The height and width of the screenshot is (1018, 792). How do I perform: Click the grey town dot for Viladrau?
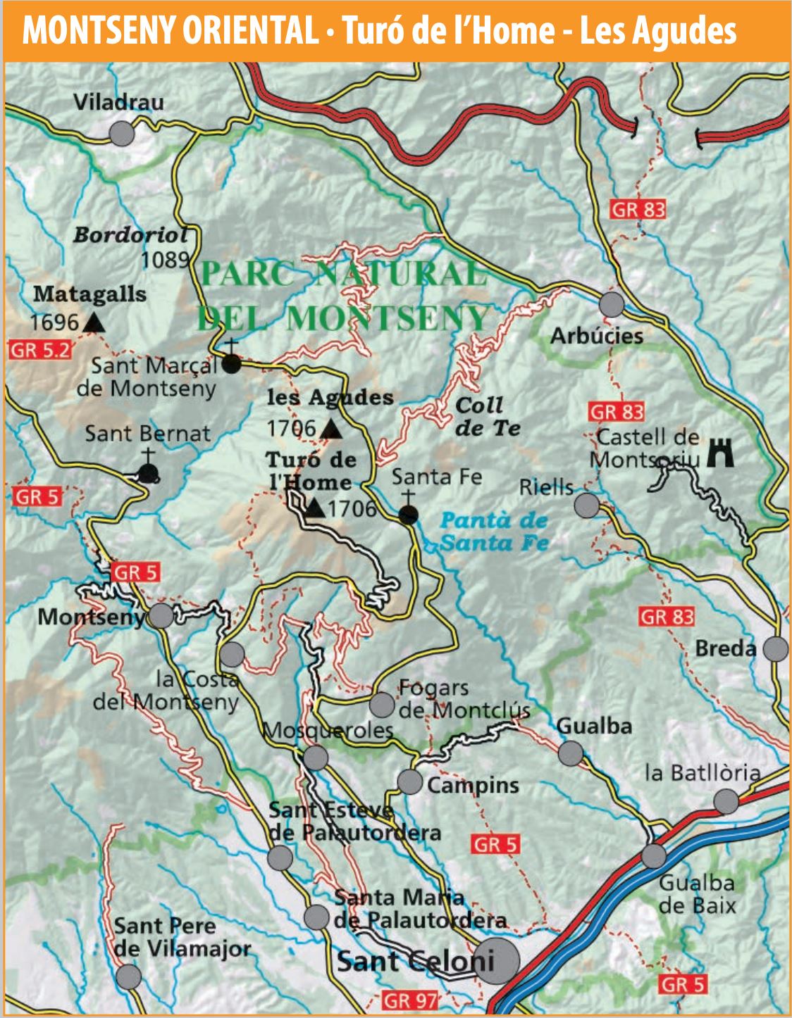122,133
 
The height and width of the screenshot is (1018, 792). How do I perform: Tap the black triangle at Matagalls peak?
94,323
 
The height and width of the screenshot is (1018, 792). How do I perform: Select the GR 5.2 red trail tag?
41,349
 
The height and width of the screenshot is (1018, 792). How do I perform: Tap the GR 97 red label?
410,1000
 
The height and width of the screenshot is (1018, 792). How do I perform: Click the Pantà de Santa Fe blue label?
494,532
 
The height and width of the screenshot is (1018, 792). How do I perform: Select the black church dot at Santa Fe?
408,515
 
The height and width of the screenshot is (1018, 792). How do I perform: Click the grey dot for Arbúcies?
612,305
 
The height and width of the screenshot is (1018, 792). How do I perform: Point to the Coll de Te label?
487,416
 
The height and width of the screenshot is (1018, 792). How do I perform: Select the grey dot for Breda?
776,648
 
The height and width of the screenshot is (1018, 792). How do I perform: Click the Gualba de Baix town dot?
653,856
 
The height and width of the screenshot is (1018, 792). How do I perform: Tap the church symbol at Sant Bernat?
147,472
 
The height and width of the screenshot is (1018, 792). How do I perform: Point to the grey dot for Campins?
409,781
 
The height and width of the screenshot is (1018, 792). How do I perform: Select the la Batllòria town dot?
726,801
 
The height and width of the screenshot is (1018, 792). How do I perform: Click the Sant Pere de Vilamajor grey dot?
128,976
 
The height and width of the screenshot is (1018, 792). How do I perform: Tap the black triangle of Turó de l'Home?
315,508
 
